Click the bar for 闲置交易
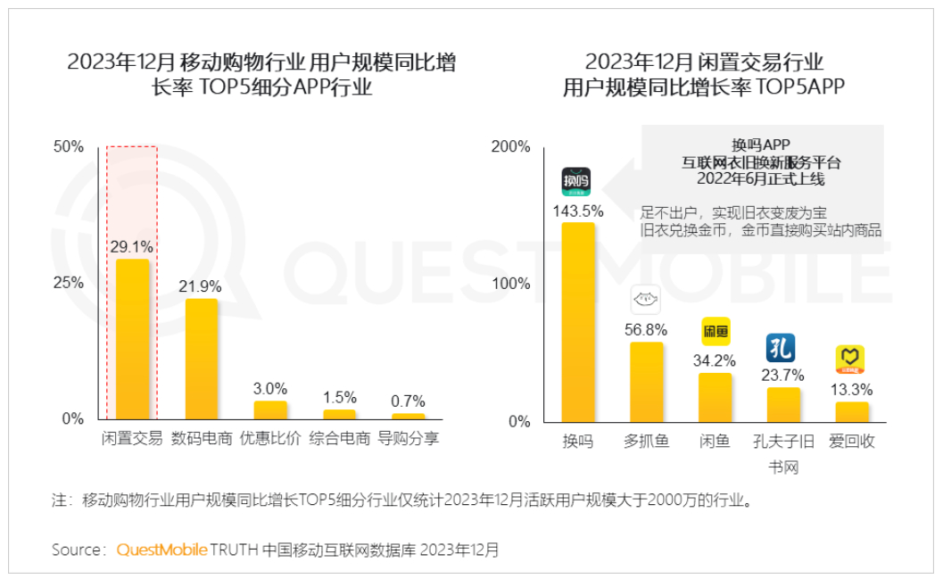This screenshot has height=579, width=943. coord(132,339)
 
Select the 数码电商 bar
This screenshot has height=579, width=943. coord(202,359)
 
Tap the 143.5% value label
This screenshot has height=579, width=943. coord(577,211)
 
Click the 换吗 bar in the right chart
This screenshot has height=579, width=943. coord(577,322)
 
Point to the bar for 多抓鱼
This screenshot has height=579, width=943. coord(646,382)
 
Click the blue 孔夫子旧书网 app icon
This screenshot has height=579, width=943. coord(781,347)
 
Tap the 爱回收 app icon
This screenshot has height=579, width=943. coord(849,360)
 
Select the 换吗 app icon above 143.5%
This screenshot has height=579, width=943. coord(576,181)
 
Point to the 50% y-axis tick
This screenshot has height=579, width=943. coord(69,146)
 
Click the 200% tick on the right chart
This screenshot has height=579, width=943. coord(511,146)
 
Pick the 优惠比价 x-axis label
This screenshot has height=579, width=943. coord(270,439)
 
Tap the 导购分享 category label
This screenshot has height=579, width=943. coord(409,439)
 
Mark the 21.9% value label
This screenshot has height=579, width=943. coord(202,286)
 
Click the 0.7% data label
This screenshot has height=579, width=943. coord(409,401)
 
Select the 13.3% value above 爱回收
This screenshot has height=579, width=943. coord(853,389)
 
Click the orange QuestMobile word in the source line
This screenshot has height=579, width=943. coord(161,550)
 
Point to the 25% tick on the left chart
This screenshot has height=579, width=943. coord(69,283)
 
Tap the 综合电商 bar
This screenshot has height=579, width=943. coord(339,414)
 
